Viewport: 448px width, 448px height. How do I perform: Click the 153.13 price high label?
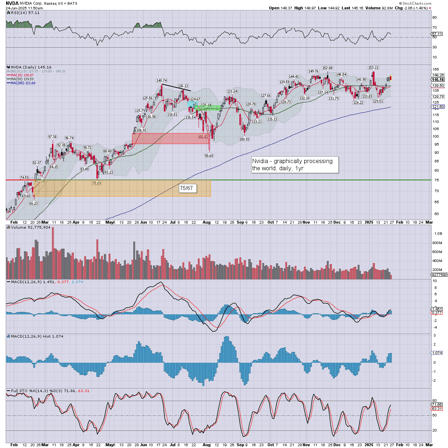pyautogui.click(x=373, y=67)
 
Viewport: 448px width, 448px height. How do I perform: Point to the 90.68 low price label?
pyautogui.click(x=209, y=156)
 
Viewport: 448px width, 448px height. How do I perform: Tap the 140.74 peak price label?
pyautogui.click(x=162, y=81)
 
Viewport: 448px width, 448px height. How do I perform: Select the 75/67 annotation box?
pyautogui.click(x=186, y=188)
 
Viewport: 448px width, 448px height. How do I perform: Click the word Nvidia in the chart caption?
pyautogui.click(x=260, y=161)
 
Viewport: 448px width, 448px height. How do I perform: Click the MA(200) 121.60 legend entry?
pyautogui.click(x=22, y=83)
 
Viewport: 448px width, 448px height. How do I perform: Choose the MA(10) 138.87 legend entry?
pyautogui.click(x=22, y=75)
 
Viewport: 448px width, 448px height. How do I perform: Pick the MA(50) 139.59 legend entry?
pyautogui.click(x=22, y=79)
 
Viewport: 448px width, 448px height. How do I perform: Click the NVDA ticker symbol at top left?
pyautogui.click(x=12, y=3)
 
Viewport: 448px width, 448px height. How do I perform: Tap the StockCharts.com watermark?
pyautogui.click(x=416, y=3)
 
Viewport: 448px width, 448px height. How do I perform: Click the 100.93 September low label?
pyautogui.click(x=244, y=139)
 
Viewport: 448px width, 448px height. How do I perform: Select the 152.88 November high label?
pyautogui.click(x=327, y=68)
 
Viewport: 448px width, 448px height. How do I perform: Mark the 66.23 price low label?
pyautogui.click(x=33, y=203)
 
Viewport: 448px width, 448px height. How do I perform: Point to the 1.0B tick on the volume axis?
pyautogui.click(x=438, y=234)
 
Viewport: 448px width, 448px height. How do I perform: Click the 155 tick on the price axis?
pyautogui.click(x=435, y=70)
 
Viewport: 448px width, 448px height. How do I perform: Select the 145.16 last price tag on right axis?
pyautogui.click(x=438, y=80)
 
